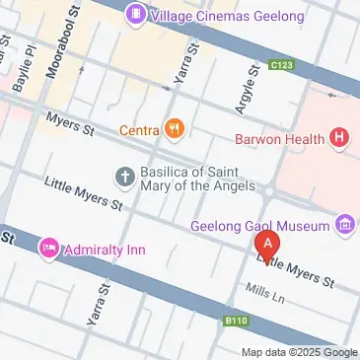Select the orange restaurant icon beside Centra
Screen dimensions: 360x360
pos(175,127)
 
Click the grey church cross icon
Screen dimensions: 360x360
pos(125,177)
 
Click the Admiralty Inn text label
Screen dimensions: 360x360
pos(105,250)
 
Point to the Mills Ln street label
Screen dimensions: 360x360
pos(264,293)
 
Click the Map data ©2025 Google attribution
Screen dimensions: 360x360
pos(300,352)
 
